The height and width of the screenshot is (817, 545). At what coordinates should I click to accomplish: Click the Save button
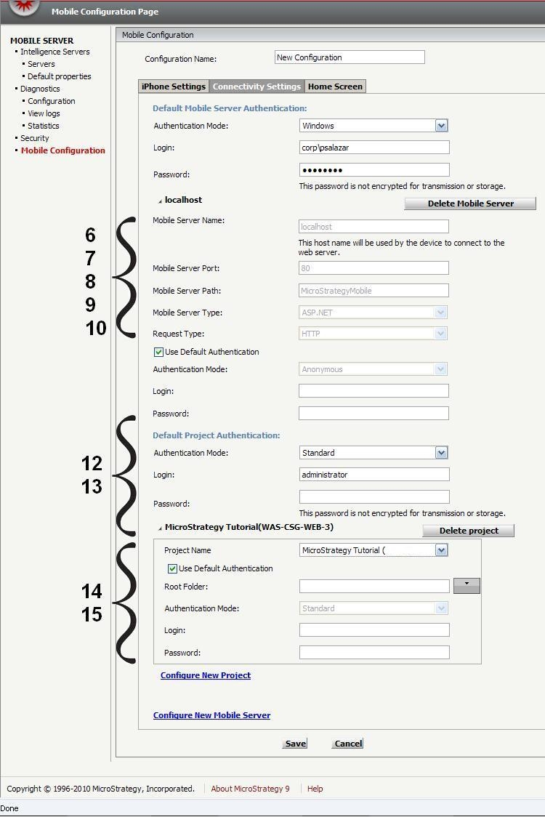pyautogui.click(x=295, y=744)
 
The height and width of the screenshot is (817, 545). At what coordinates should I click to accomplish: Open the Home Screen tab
pyautogui.click(x=335, y=86)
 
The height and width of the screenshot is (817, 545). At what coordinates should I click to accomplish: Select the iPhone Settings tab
pyautogui.click(x=174, y=86)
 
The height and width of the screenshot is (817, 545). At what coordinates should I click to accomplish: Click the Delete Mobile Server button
pyautogui.click(x=470, y=204)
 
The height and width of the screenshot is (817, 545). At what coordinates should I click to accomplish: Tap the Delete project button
pyautogui.click(x=469, y=531)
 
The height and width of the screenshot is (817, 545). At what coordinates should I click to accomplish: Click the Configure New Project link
pyautogui.click(x=206, y=675)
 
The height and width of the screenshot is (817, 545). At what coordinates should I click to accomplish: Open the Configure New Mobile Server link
pyautogui.click(x=211, y=715)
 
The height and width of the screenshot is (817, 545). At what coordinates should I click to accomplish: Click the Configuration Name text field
pyautogui.click(x=350, y=57)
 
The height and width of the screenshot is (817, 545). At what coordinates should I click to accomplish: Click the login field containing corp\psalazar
pyautogui.click(x=374, y=148)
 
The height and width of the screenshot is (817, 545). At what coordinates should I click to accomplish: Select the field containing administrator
pyautogui.click(x=374, y=475)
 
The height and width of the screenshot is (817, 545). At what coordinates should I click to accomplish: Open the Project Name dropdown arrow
pyautogui.click(x=441, y=550)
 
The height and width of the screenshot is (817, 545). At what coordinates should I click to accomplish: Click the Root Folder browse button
pyautogui.click(x=467, y=585)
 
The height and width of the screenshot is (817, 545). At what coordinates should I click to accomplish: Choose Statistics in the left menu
pyautogui.click(x=44, y=126)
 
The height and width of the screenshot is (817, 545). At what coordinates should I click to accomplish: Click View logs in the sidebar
pyautogui.click(x=44, y=113)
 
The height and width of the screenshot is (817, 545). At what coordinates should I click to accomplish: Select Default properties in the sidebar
pyautogui.click(x=60, y=76)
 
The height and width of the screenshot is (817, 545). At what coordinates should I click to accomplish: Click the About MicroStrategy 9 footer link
pyautogui.click(x=250, y=789)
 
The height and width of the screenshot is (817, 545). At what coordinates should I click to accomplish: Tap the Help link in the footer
pyautogui.click(x=315, y=789)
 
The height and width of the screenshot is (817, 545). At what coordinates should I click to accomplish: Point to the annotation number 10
pyautogui.click(x=96, y=328)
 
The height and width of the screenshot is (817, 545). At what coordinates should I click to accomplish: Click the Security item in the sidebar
pyautogui.click(x=35, y=138)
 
